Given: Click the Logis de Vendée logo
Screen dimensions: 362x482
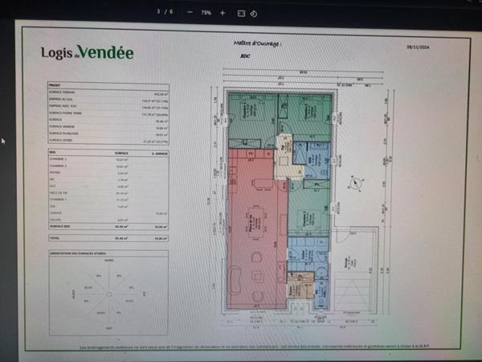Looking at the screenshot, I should coord(88,53).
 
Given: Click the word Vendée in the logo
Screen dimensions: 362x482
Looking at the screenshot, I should coord(106,53).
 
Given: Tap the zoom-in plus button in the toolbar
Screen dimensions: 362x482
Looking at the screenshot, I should coord(223,13).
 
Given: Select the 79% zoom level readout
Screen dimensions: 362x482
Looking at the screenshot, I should coord(206,13).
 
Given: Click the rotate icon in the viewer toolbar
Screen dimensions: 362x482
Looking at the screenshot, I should coord(254,13).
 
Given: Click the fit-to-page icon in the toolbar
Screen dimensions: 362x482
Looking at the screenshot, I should coord(241,13).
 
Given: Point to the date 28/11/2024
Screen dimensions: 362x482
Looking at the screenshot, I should coord(419,47).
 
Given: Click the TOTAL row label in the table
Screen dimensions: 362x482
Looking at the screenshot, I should coord(55,239).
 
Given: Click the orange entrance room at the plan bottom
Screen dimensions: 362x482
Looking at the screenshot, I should coord(295,286).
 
